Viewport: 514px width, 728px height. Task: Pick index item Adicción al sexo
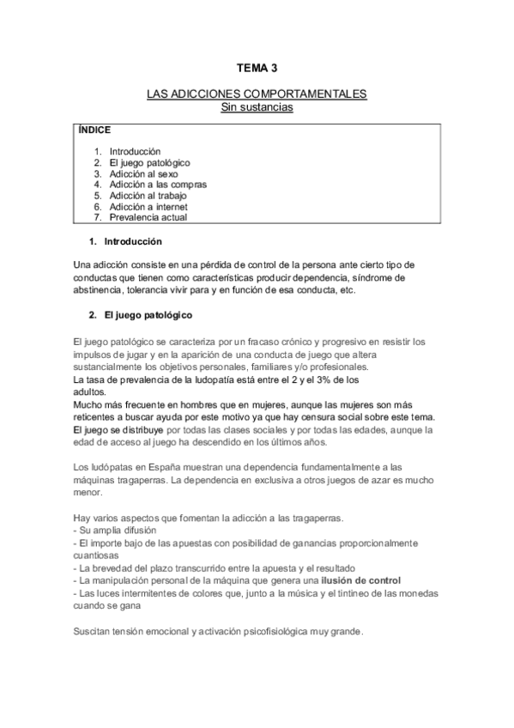coord(144,173)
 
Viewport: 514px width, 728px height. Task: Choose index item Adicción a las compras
coord(158,185)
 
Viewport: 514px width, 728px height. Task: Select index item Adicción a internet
coord(148,207)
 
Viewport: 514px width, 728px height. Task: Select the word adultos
coord(94,391)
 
